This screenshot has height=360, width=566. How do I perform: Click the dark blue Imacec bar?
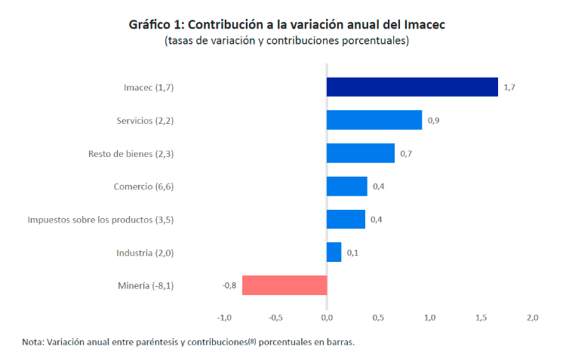(x=412, y=87)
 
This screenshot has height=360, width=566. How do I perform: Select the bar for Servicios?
(x=374, y=120)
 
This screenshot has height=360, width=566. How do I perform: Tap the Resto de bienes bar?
(x=361, y=153)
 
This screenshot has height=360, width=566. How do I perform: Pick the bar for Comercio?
(x=347, y=186)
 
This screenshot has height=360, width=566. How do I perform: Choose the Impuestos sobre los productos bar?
(x=346, y=219)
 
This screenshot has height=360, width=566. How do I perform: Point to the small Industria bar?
(x=334, y=252)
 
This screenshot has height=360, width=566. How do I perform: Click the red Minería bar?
(x=285, y=285)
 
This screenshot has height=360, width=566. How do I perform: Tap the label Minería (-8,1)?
(x=146, y=285)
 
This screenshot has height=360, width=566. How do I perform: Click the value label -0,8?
(x=229, y=285)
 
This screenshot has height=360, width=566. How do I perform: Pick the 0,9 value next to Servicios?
(x=434, y=120)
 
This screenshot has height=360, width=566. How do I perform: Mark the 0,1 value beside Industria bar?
(x=352, y=252)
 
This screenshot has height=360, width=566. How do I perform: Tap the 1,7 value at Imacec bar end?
(x=509, y=88)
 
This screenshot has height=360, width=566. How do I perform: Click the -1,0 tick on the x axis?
(x=224, y=318)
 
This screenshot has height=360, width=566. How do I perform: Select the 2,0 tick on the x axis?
(x=532, y=318)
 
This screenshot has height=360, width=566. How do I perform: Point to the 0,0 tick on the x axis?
(x=327, y=318)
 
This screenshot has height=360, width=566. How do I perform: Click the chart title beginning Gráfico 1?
(x=287, y=24)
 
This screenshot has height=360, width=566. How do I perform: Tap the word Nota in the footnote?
(x=32, y=342)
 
